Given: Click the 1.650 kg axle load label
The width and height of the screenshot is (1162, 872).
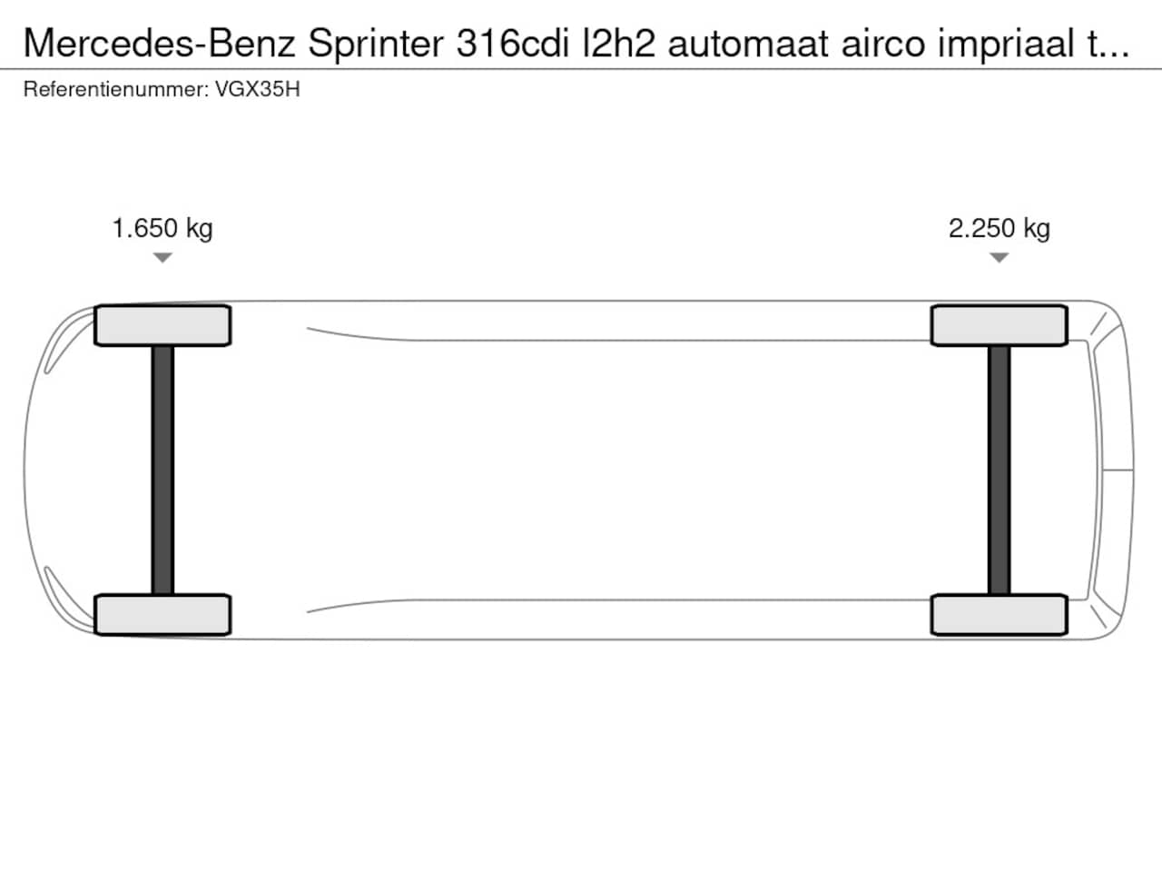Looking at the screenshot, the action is (162, 229).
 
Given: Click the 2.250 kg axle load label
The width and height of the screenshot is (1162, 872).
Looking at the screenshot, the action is (999, 229).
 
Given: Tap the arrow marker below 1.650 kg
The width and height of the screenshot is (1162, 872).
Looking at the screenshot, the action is (162, 258).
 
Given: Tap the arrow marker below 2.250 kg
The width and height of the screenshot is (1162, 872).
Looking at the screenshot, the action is (999, 258).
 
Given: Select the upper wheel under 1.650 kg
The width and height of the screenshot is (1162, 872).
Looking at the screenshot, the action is (162, 325).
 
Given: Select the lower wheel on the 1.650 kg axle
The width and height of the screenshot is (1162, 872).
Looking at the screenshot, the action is (162, 615).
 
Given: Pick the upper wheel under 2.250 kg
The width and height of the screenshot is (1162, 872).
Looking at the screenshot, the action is (999, 325).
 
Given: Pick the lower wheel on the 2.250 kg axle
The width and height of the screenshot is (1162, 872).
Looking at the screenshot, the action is (999, 615).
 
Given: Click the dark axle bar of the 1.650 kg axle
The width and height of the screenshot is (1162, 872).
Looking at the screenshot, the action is (162, 471).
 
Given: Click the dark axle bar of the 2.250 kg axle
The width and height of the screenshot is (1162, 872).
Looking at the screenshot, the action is (999, 471).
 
